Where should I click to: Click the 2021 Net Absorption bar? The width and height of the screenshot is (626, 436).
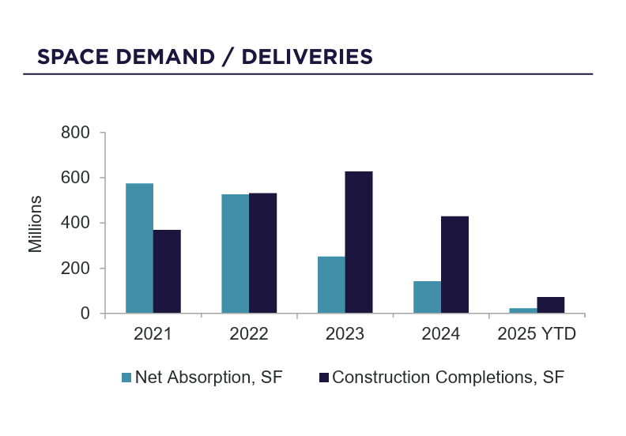pos(139,248)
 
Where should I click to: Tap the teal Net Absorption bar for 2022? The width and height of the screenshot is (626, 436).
pos(235,254)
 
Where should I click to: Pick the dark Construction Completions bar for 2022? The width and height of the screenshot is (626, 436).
pos(262,253)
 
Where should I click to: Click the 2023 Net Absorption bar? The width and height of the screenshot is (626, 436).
pos(331,284)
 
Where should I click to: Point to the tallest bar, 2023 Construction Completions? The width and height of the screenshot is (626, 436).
pos(359,242)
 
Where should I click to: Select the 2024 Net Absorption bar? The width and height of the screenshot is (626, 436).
pos(427,297)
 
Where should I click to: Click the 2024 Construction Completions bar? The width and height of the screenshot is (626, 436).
pos(454,265)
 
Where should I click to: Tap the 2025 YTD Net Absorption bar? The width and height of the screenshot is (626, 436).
pos(522,310)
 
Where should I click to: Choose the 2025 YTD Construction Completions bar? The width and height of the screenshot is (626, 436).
pos(550,305)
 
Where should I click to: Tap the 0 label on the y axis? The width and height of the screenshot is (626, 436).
pos(85,314)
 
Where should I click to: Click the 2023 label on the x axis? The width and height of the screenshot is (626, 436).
pos(345,334)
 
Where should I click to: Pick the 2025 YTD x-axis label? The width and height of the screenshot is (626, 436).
pos(537,334)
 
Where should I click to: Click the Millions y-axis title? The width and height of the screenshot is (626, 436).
pos(36,223)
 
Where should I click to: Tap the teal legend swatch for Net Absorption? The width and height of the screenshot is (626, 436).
pos(126,378)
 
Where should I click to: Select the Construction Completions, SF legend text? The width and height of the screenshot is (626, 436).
pos(448,377)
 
